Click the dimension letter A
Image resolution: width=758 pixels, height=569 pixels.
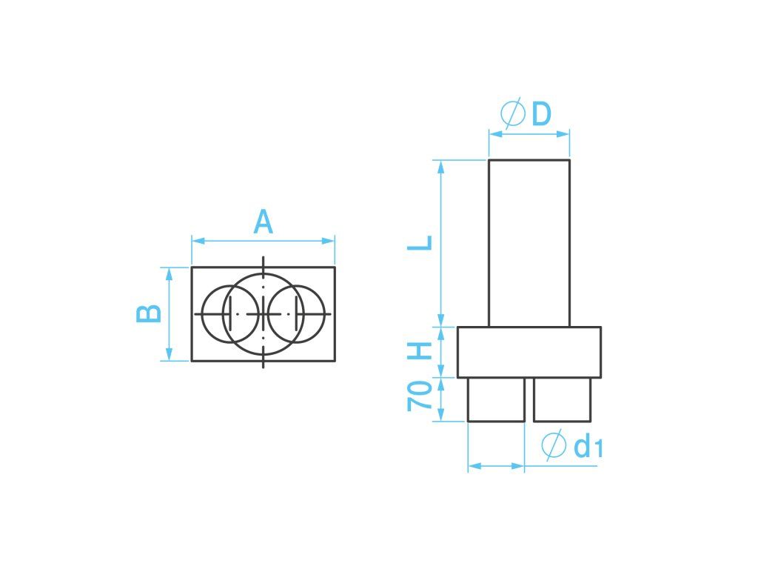(x=263, y=222)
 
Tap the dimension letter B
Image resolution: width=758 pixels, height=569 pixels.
(x=148, y=314)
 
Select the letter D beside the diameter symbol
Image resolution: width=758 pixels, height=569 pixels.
(x=541, y=114)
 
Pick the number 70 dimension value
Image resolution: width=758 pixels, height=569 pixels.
(x=419, y=396)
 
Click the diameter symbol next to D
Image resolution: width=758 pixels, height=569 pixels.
(x=513, y=113)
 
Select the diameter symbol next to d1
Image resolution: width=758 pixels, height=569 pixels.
(x=554, y=445)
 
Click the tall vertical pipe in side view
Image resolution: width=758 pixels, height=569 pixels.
(x=529, y=243)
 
